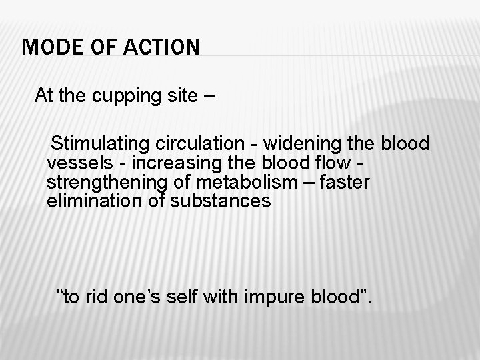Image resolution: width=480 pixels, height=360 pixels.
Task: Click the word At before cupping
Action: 44,96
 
